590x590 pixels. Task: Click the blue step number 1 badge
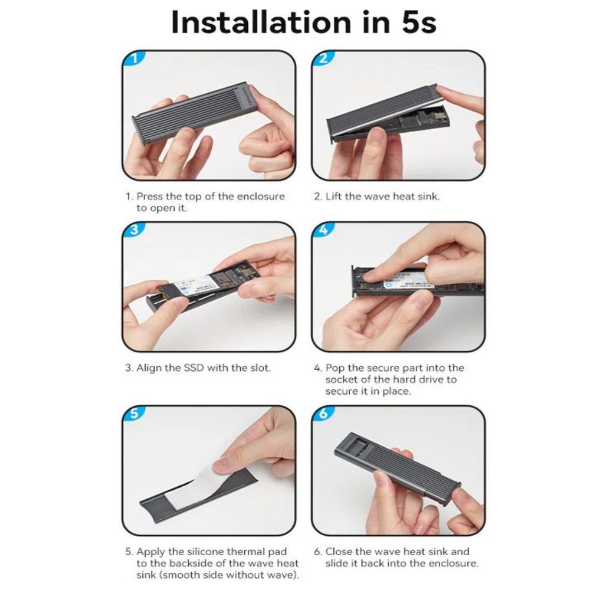pyautogui.click(x=135, y=59)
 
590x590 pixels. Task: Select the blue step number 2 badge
pyautogui.click(x=324, y=59)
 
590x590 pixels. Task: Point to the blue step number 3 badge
pyautogui.click(x=135, y=231)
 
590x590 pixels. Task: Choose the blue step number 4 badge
pyautogui.click(x=324, y=231)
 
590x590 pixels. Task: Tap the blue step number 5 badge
pyautogui.click(x=135, y=414)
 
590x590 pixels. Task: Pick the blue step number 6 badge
pyautogui.click(x=324, y=414)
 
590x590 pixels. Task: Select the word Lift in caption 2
pyautogui.click(x=334, y=196)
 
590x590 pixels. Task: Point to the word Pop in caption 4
pyautogui.click(x=335, y=368)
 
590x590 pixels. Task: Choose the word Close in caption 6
pyautogui.click(x=339, y=552)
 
